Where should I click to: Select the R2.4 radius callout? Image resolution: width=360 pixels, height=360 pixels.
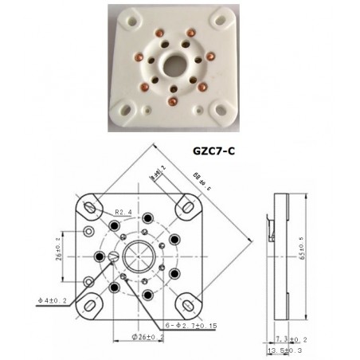click(124, 213)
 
